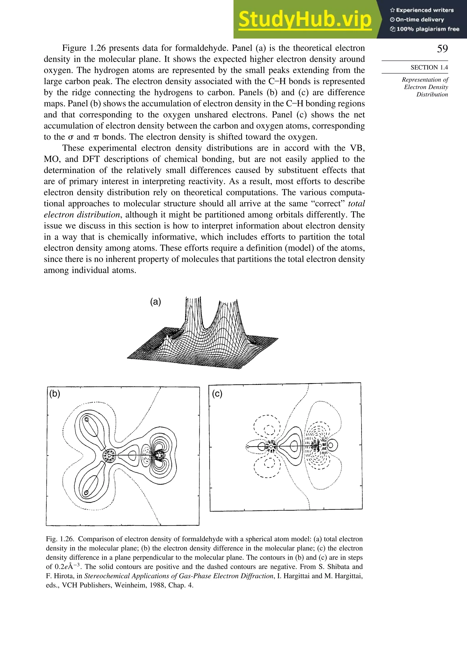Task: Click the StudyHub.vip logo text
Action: [x=305, y=19]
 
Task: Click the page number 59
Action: [x=442, y=49]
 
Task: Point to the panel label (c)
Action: [x=217, y=394]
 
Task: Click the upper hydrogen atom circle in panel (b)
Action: [x=86, y=420]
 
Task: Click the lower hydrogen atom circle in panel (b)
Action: [x=86, y=493]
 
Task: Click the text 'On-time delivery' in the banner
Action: [x=419, y=19]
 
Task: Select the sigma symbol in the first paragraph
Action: [x=71, y=137]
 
